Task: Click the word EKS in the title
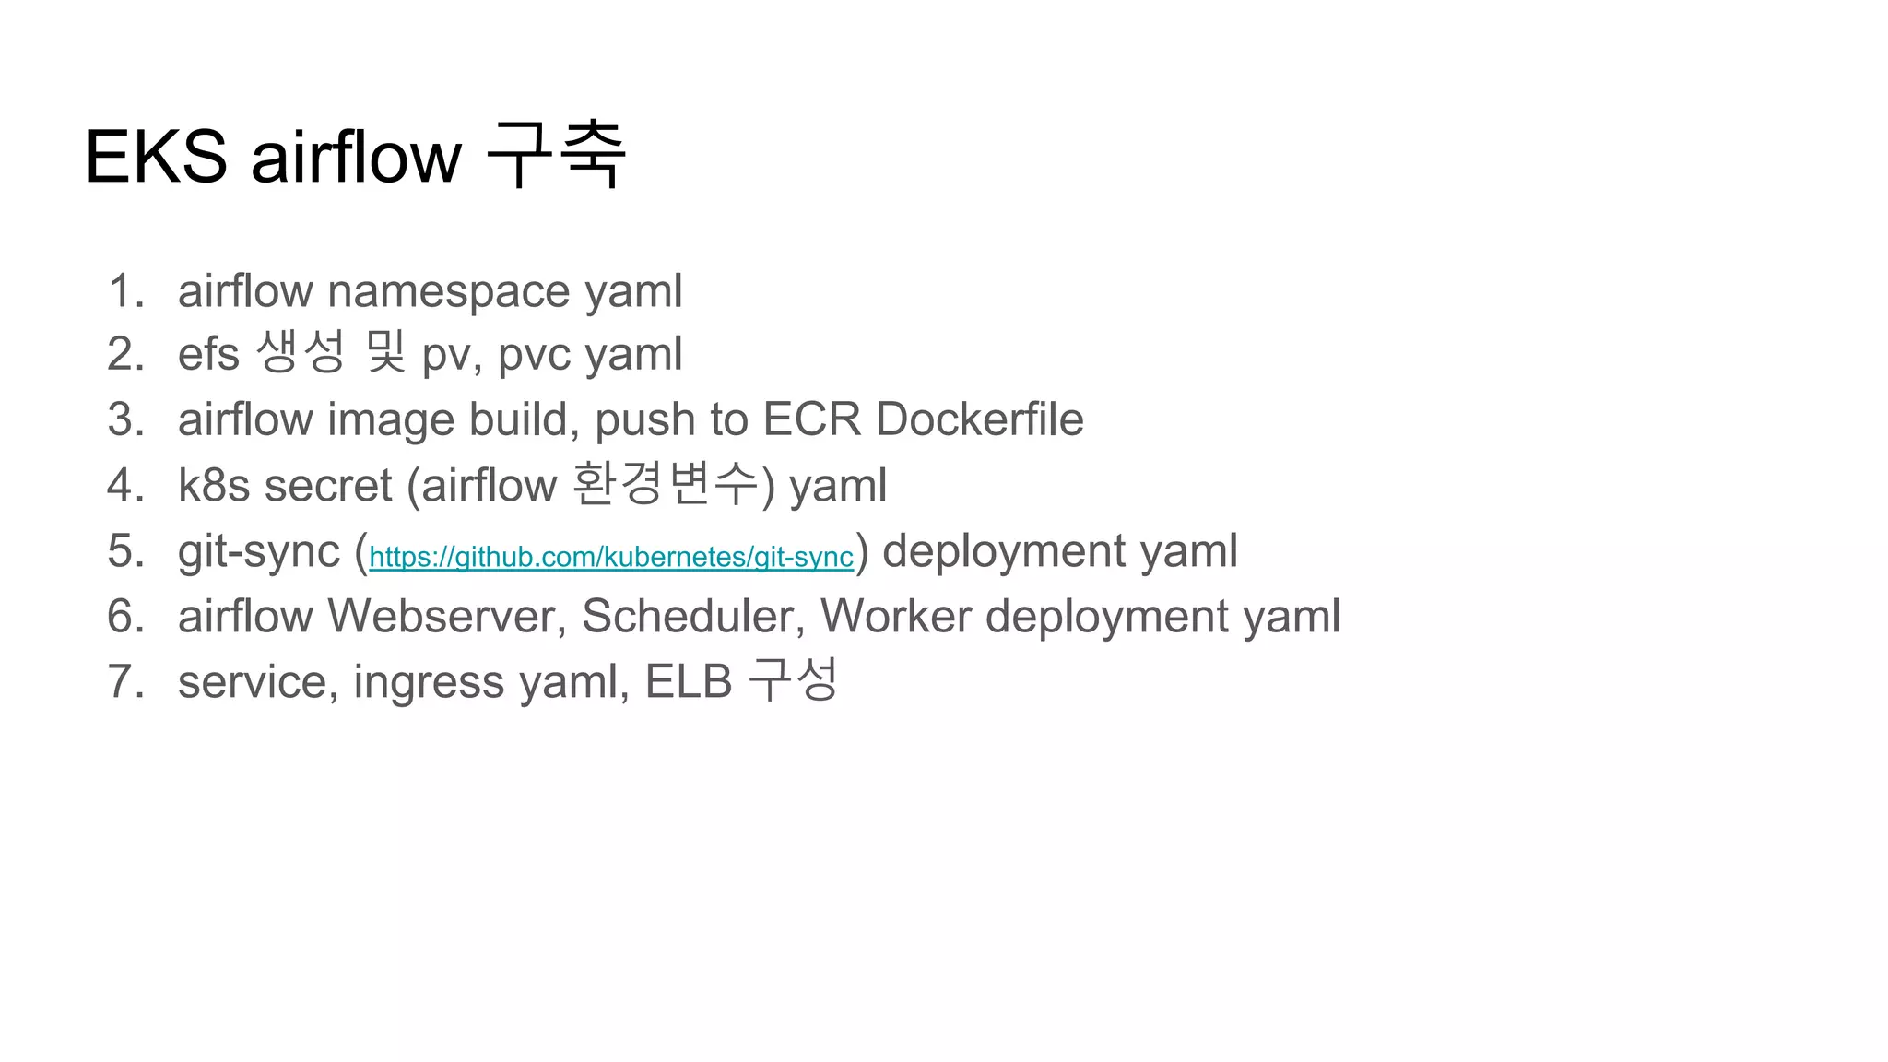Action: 156,157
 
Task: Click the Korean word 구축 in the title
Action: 556,155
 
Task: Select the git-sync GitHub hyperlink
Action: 610,557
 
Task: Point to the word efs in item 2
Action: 208,355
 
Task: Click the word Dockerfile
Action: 979,420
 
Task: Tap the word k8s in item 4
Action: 214,486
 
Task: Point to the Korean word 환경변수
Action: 665,484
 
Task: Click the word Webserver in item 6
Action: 446,616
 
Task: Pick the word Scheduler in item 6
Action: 692,616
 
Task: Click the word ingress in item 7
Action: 429,683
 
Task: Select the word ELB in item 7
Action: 688,682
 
